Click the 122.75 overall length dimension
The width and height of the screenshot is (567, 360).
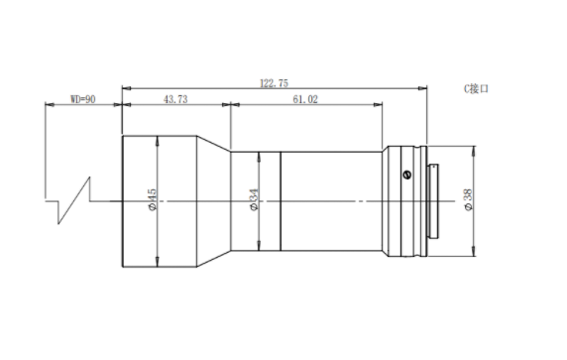click(275, 83)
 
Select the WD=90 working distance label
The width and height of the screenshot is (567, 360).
click(83, 99)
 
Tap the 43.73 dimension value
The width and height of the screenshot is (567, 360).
click(175, 99)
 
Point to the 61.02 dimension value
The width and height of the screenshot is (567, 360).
click(305, 99)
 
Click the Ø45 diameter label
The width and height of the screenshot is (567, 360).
click(152, 199)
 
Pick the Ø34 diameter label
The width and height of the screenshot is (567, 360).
click(254, 199)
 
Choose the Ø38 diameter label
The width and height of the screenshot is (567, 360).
click(468, 199)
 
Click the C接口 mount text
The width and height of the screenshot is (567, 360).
click(476, 88)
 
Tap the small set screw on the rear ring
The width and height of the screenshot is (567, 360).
click(406, 175)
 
